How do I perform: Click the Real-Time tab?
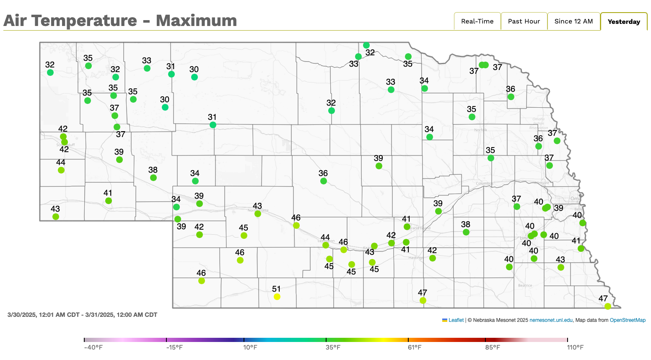(477, 21)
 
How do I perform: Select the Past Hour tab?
(524, 21)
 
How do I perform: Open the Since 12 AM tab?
(573, 21)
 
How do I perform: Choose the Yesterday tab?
(624, 22)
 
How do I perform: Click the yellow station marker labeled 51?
(277, 297)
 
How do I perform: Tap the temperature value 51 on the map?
(276, 289)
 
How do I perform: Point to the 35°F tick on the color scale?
(326, 339)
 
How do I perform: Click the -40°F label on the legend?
(93, 347)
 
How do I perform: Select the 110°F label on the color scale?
(575, 347)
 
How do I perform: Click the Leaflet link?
(456, 320)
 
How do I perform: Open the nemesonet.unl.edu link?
(551, 320)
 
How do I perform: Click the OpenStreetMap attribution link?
(628, 320)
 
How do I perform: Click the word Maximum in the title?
(196, 21)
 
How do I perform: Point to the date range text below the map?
(82, 315)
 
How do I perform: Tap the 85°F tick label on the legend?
(493, 347)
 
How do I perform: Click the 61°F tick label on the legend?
(415, 347)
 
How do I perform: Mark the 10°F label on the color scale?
(250, 347)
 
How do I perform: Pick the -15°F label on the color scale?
(174, 347)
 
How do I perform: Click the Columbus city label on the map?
(484, 184)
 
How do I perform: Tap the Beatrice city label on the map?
(525, 285)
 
